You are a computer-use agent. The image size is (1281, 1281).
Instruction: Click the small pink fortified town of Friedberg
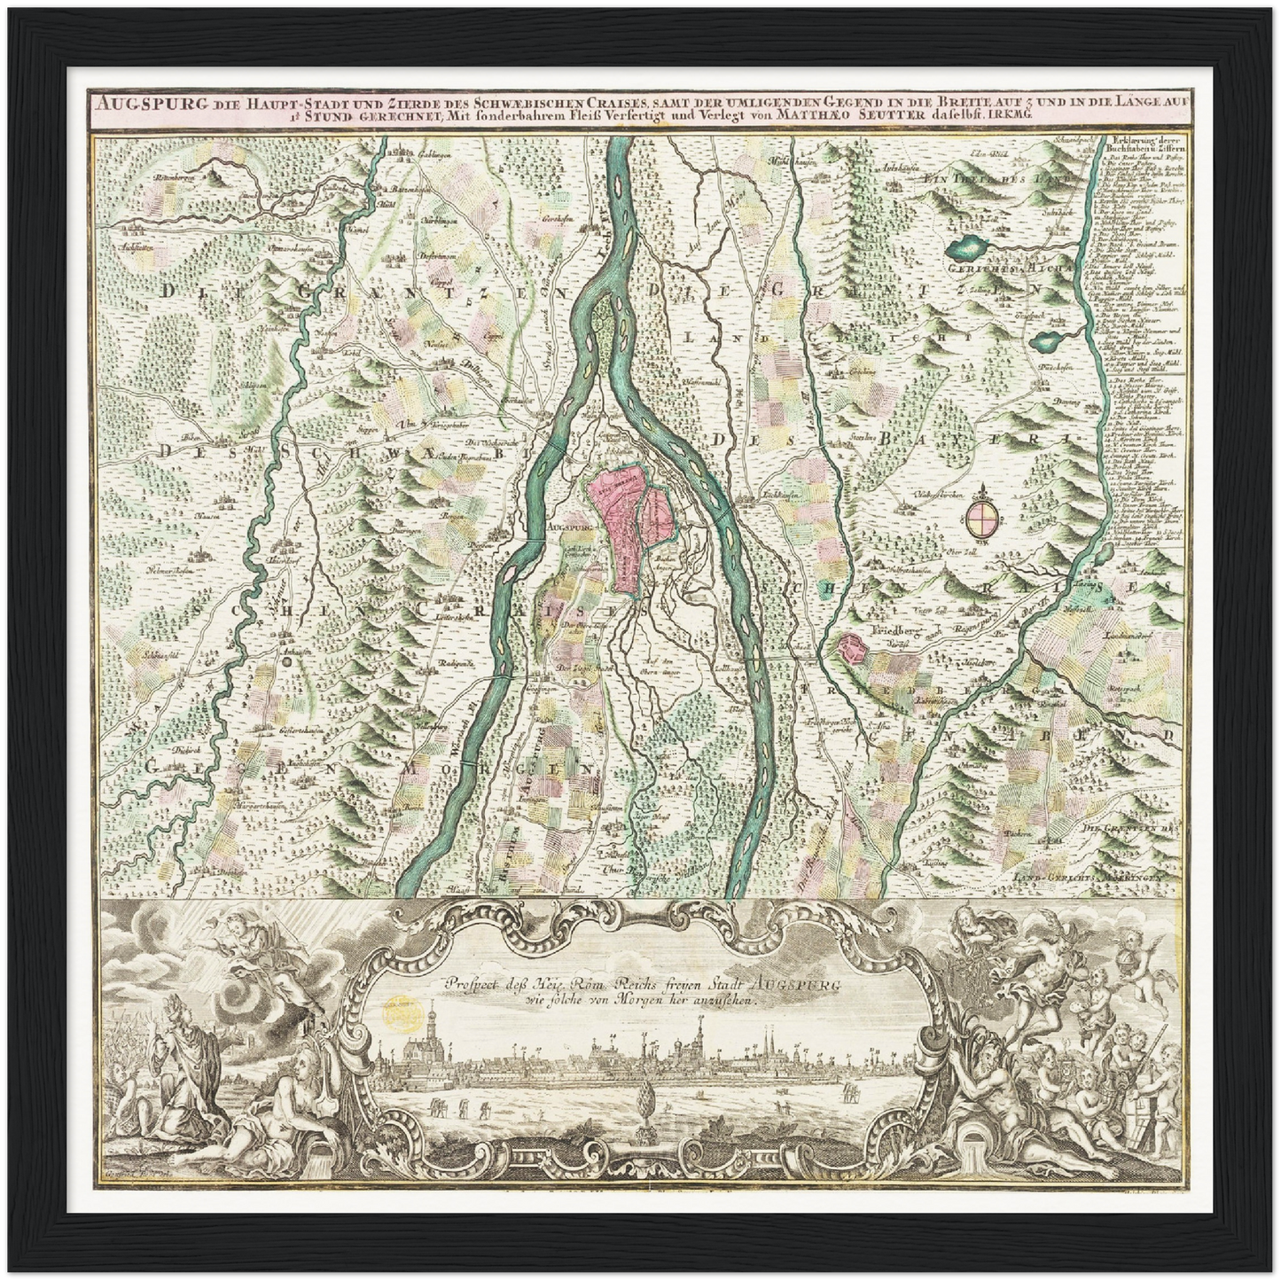pyautogui.click(x=853, y=649)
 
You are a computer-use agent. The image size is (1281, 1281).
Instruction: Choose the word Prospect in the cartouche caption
pyautogui.click(x=477, y=983)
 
